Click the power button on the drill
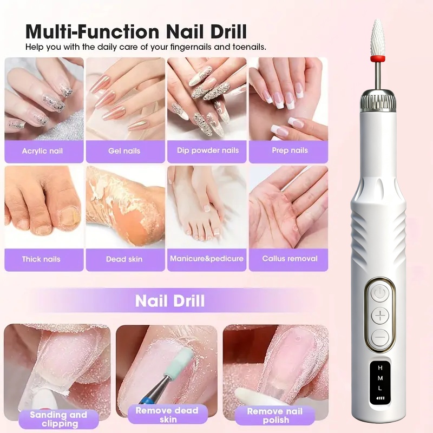click(x=380, y=293)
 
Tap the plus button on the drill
click(x=380, y=316)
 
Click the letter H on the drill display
click(x=380, y=368)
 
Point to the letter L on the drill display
click(x=380, y=388)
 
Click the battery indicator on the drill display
click(x=380, y=398)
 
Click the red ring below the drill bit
click(x=377, y=58)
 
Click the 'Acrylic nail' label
click(x=42, y=151)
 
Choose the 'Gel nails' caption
click(x=124, y=151)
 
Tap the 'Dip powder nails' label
click(x=208, y=150)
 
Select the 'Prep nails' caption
click(x=290, y=150)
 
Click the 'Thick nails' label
click(x=41, y=259)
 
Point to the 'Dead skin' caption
click(x=124, y=259)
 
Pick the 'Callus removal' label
click(x=290, y=259)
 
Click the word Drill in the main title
click(x=228, y=31)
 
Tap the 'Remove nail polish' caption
click(x=275, y=415)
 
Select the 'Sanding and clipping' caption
click(x=58, y=419)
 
